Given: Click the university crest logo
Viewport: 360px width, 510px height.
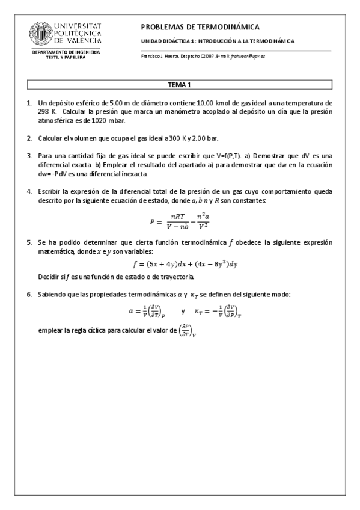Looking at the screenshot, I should (x=43, y=35).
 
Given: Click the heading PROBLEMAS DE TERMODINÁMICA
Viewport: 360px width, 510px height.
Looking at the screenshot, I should (x=200, y=27).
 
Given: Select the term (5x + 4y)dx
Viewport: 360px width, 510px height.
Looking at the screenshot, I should (x=165, y=264).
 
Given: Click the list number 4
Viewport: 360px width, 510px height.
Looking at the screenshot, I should (x=28, y=191).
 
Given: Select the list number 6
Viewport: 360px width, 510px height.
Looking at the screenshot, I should (x=28, y=294).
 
